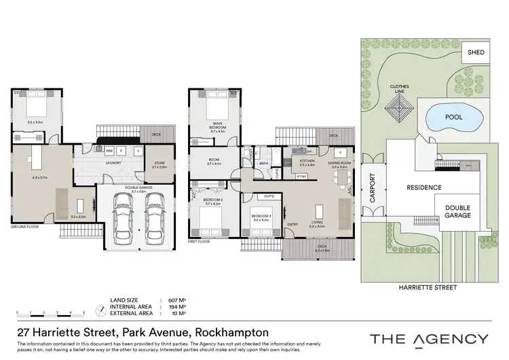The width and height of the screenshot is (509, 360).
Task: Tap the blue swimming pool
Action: pos(453,118)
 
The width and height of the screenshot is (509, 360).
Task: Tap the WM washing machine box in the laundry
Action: pos(109,150)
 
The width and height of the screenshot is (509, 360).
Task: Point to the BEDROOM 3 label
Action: pos(261,216)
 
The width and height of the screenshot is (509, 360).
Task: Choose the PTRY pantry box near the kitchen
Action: pos(301,176)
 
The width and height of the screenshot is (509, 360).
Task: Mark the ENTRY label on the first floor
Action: pos(293,225)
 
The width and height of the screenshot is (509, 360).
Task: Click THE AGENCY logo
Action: pos(428,339)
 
